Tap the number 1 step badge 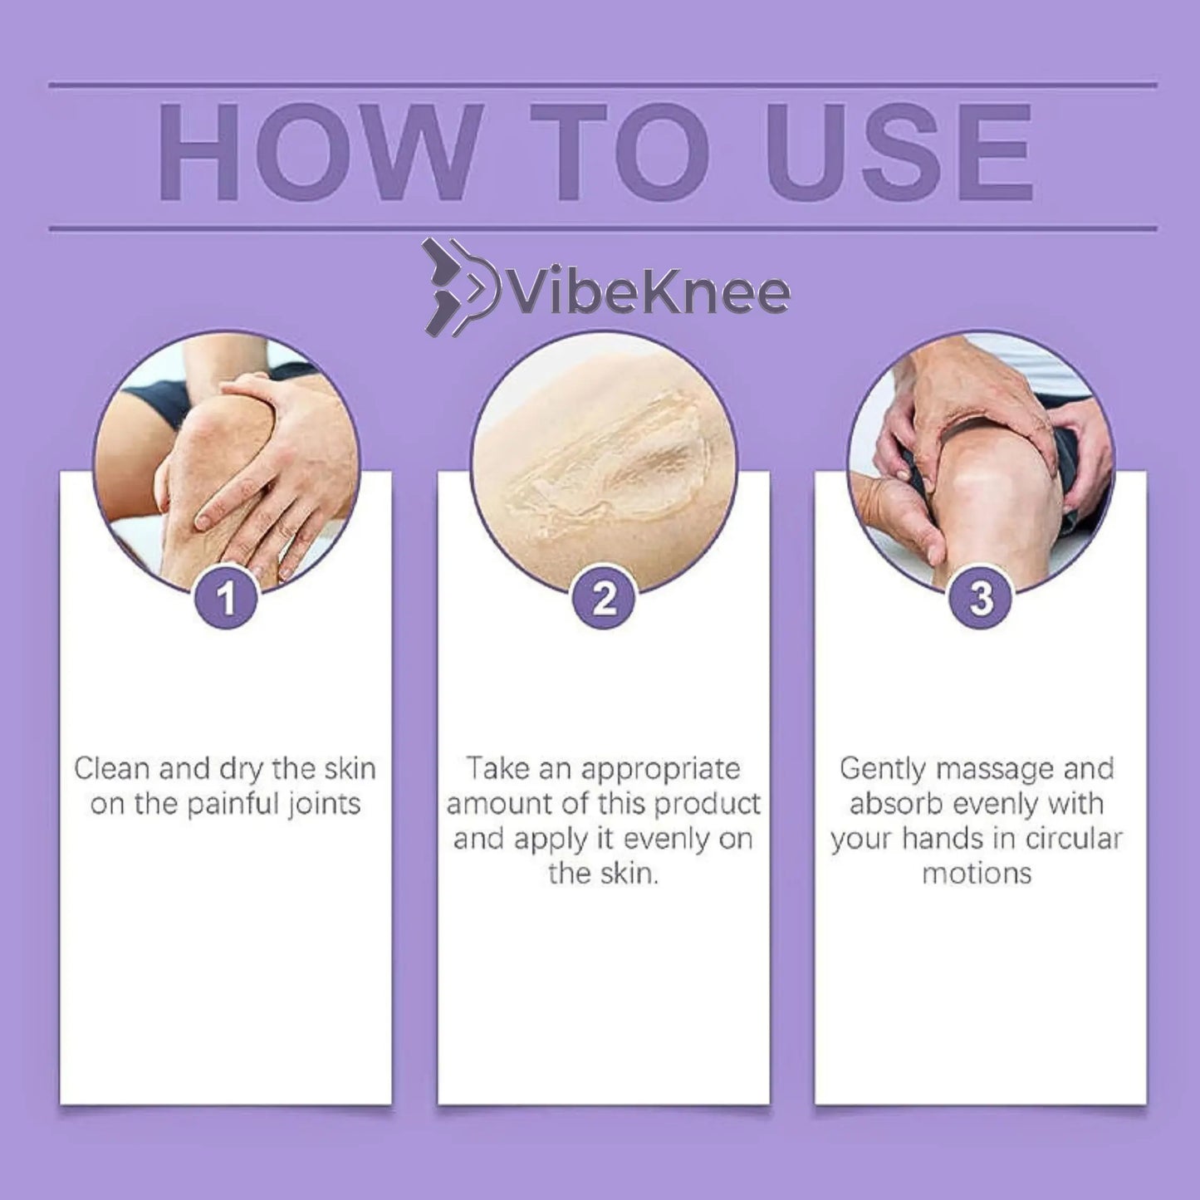click(x=226, y=598)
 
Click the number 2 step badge click(x=604, y=598)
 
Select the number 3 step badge click(x=981, y=598)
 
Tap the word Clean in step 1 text click(x=112, y=769)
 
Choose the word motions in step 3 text click(x=977, y=874)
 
